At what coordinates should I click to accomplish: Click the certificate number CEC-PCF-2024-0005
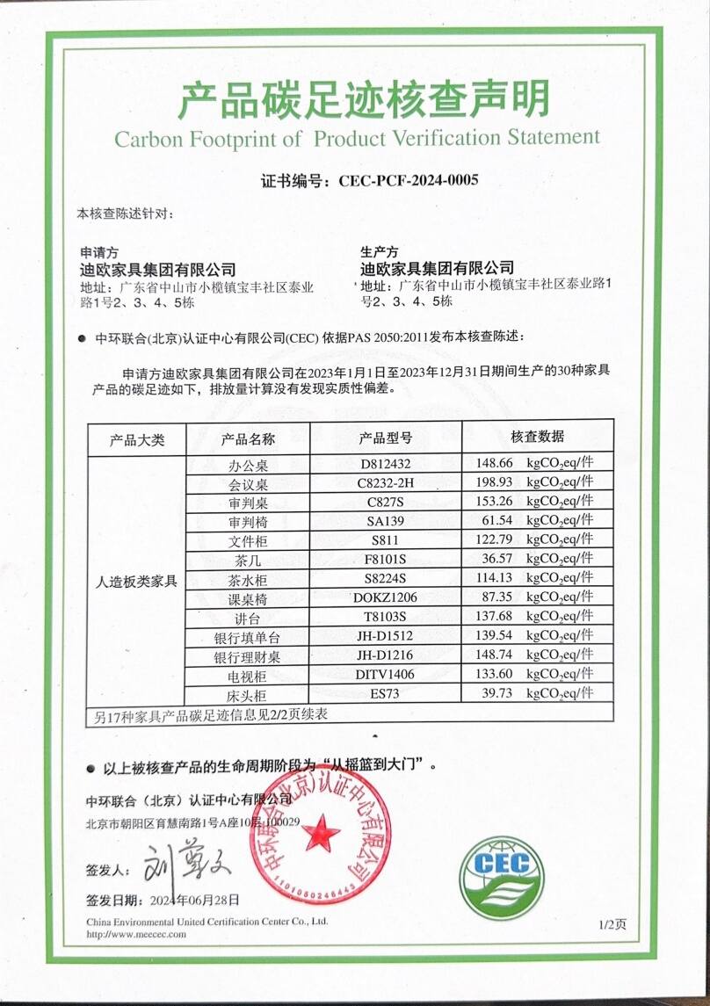click(402, 181)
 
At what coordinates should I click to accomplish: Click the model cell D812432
click(386, 462)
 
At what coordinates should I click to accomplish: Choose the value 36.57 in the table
click(493, 559)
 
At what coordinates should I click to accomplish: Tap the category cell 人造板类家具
click(136, 581)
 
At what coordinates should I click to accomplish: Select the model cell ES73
click(386, 695)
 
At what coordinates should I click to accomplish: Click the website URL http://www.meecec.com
click(136, 934)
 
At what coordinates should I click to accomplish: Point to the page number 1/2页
click(612, 924)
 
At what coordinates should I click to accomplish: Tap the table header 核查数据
click(537, 437)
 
